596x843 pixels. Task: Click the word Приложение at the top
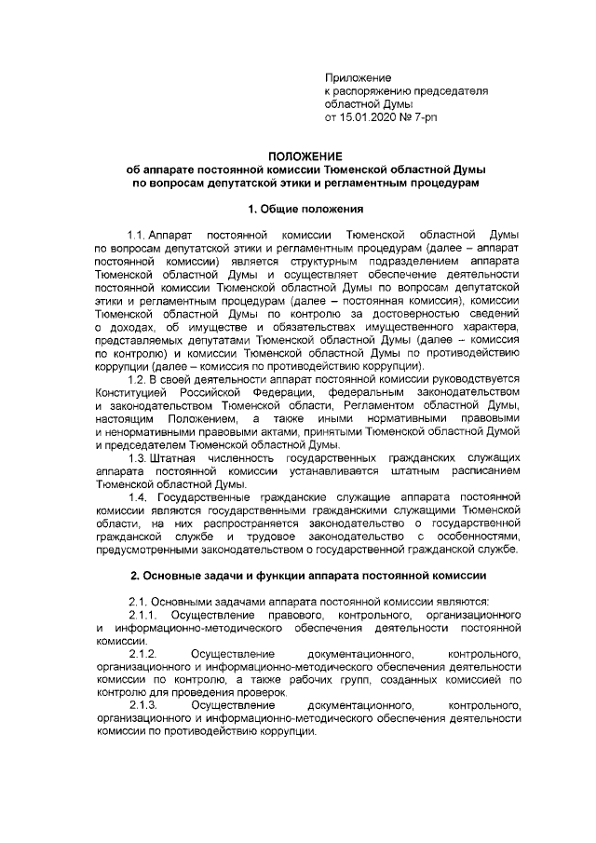click(x=358, y=76)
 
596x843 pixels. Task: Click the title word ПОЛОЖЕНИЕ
click(x=298, y=156)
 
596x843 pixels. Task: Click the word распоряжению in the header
click(x=372, y=90)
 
